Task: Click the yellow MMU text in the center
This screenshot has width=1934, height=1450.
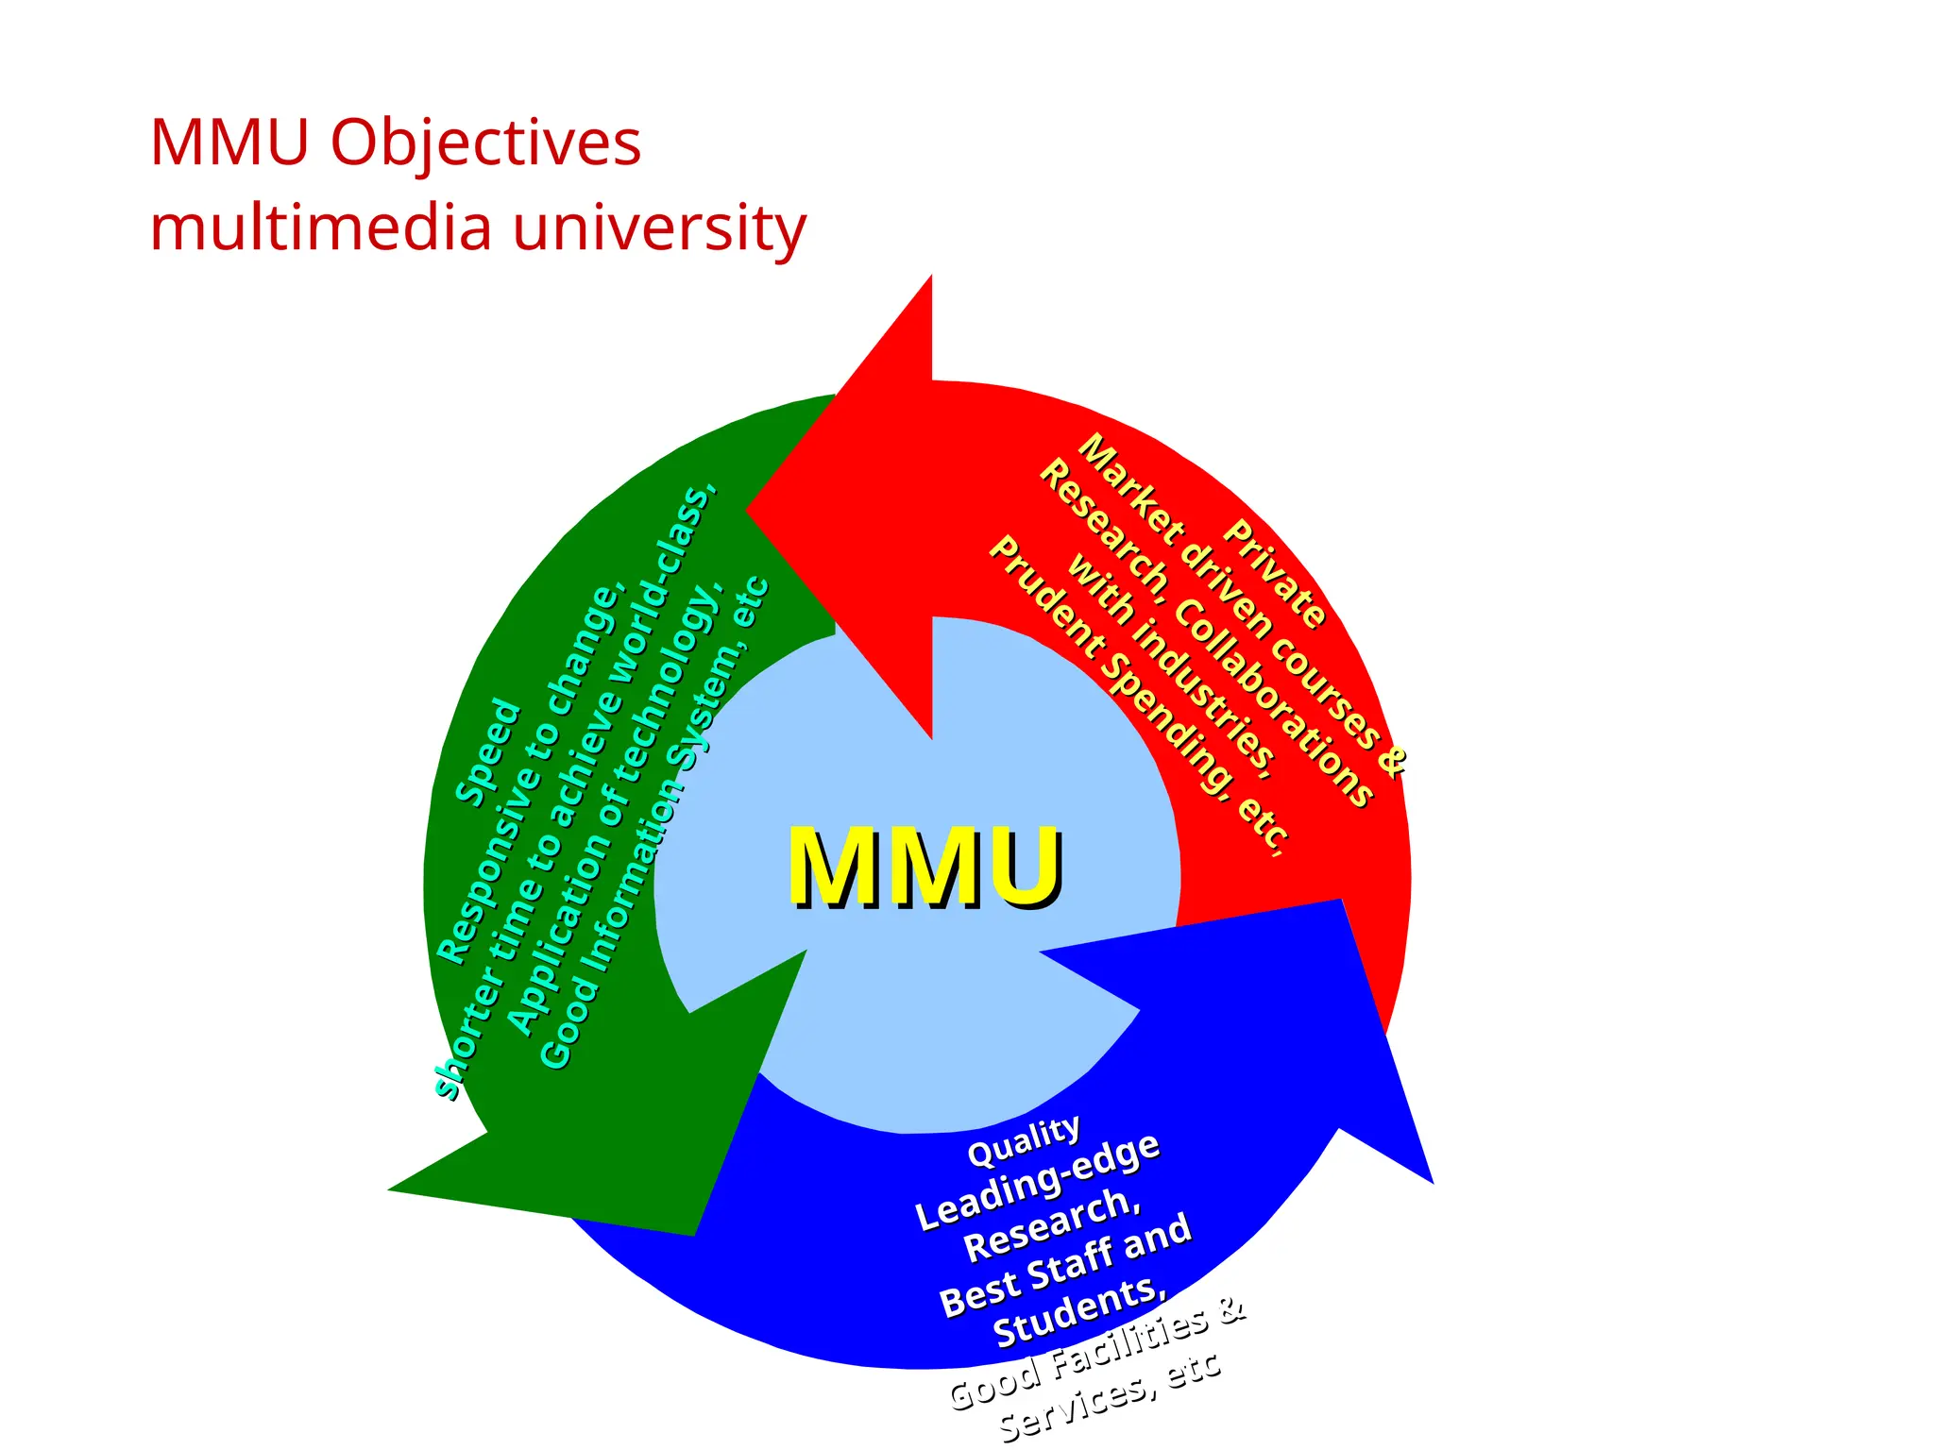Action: click(x=925, y=867)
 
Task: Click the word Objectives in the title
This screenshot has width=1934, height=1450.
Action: click(x=484, y=144)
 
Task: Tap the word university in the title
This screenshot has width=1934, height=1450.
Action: click(x=659, y=228)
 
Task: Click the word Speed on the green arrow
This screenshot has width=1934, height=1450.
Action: click(x=488, y=753)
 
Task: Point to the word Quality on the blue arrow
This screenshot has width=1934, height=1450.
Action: click(x=1024, y=1139)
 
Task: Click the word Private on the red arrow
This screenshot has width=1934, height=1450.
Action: click(x=1275, y=574)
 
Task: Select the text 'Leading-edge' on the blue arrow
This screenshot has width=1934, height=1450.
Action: click(x=1037, y=1180)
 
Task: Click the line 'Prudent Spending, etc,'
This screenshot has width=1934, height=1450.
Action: click(x=1138, y=696)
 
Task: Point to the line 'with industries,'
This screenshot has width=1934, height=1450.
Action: click(x=1171, y=666)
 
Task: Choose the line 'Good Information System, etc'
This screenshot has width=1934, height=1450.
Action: click(x=654, y=821)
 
